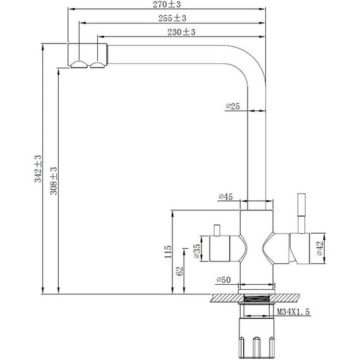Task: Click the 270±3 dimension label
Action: pos(167,4)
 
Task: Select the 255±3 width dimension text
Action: pos(172,18)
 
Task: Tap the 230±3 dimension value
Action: pos(181,32)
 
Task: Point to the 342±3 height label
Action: pos(38,169)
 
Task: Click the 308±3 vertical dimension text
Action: pos(54,181)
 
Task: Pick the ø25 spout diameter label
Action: pos(233,106)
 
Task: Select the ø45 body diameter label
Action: pos(225,196)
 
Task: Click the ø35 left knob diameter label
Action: pos(197,251)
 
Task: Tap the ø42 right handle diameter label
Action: pos(320,248)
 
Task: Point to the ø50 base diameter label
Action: pos(224,280)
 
